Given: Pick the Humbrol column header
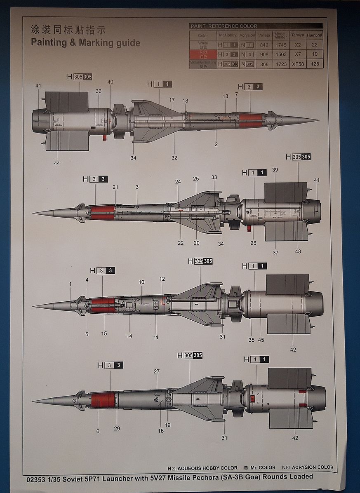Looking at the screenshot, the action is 315,35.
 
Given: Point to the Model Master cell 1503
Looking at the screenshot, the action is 280,54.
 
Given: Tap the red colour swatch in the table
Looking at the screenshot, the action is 202,54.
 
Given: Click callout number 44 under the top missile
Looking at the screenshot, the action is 56,163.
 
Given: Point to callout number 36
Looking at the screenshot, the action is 98,91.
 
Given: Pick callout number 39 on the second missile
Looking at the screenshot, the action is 275,170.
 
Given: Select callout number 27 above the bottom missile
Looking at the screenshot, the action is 157,371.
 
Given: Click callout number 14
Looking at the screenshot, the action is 129,336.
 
